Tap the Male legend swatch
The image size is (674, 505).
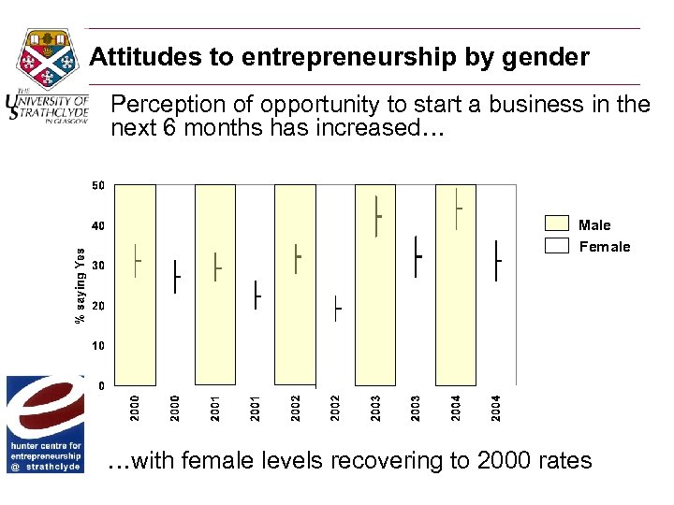point(557,224)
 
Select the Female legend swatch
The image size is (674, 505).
point(557,246)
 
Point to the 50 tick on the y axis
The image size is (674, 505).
point(98,185)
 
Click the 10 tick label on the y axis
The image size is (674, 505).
point(98,346)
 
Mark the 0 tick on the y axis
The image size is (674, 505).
point(101,385)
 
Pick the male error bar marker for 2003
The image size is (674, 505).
point(376,216)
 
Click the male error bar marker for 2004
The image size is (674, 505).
point(457,209)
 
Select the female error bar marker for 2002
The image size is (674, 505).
point(337,308)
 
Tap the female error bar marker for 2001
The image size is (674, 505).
point(256,295)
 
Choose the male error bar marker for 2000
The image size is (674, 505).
point(137,261)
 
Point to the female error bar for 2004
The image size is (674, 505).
point(497,260)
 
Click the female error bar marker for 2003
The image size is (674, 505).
point(417,255)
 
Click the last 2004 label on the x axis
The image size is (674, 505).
point(497,406)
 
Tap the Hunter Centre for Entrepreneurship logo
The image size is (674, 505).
point(45,424)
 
